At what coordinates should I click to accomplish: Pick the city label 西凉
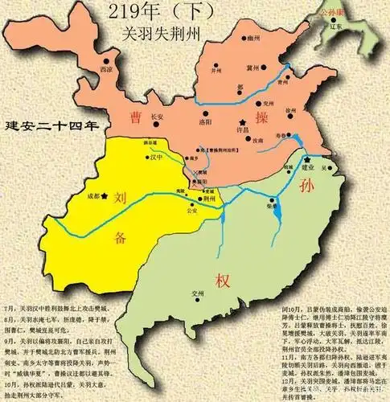(x=106, y=69)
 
